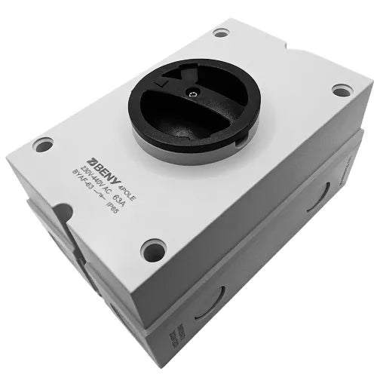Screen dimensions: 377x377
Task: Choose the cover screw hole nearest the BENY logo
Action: (43, 144)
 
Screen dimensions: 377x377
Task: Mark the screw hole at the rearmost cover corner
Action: (220, 32)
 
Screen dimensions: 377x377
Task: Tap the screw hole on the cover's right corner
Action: (342, 90)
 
